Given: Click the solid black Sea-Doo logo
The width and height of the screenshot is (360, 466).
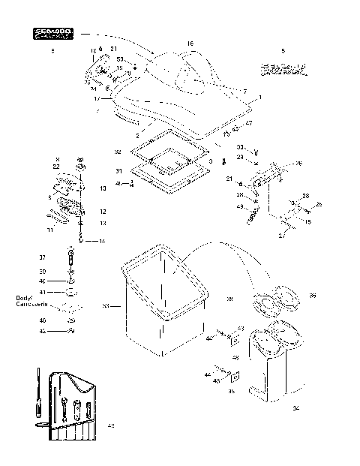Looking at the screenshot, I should (52, 34).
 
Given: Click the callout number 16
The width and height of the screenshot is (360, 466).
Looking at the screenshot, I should (190, 44).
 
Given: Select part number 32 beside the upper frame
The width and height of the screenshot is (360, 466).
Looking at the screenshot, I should (117, 152).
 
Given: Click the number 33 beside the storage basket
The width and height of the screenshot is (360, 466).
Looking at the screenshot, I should (106, 305).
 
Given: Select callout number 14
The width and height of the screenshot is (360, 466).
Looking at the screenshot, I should (103, 240).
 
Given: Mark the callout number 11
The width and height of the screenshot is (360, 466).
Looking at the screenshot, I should (50, 230).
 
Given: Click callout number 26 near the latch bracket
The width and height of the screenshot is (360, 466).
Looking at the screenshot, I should (298, 164).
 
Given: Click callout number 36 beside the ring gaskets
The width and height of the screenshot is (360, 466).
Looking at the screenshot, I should (312, 296).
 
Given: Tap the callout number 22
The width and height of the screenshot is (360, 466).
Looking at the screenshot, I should (57, 167).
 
